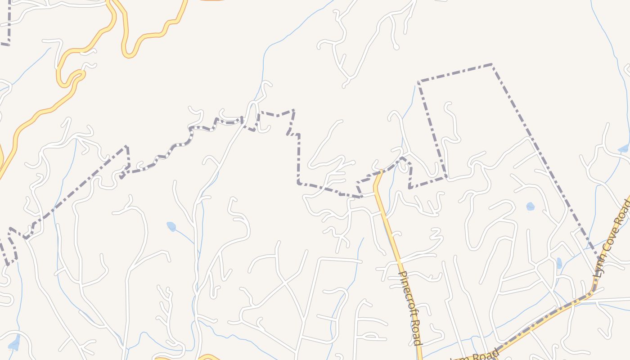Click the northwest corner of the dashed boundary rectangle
coord(418,82)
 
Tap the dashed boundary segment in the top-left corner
coord(9,22)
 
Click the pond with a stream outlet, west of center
coord(171,226)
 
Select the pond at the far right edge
coord(623,148)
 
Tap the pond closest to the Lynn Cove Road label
coord(559,263)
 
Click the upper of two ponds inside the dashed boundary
coord(531,207)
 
